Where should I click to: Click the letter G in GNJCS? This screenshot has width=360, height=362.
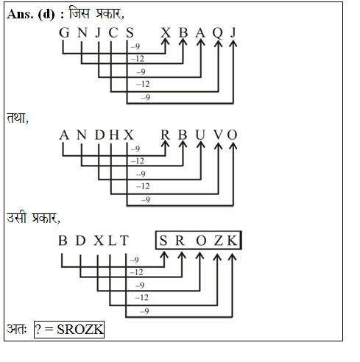[64, 32]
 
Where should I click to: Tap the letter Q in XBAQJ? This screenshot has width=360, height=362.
[218, 33]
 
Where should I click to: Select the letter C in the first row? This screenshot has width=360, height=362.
[113, 32]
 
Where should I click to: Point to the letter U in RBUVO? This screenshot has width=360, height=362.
[200, 135]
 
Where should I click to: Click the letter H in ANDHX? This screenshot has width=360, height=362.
[114, 135]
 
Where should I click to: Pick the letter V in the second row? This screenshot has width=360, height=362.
[218, 135]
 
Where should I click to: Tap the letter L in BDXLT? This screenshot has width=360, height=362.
[112, 240]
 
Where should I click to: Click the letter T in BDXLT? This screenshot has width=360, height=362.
[124, 240]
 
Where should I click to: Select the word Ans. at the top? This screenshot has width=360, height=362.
[20, 14]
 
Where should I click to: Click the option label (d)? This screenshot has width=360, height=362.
[46, 15]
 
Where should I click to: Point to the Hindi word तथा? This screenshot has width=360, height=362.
[17, 118]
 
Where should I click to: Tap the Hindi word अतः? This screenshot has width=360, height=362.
[17, 329]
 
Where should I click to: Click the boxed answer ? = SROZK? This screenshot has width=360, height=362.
[69, 330]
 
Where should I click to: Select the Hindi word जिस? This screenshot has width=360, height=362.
[79, 13]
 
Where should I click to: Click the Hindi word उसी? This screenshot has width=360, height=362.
[16, 217]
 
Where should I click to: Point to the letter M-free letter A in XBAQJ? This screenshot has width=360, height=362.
[200, 32]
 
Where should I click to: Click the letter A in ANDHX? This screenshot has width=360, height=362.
[64, 135]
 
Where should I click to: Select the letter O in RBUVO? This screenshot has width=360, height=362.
[232, 135]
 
